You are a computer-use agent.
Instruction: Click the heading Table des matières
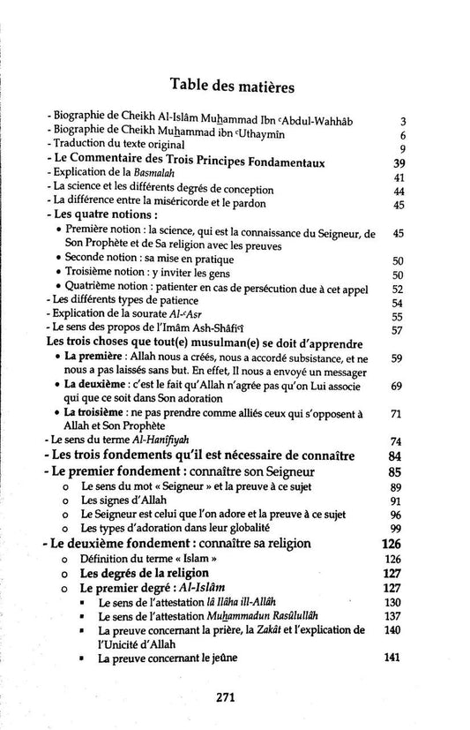234,87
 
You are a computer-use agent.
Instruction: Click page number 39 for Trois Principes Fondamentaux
398,164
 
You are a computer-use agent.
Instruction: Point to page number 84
394,456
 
